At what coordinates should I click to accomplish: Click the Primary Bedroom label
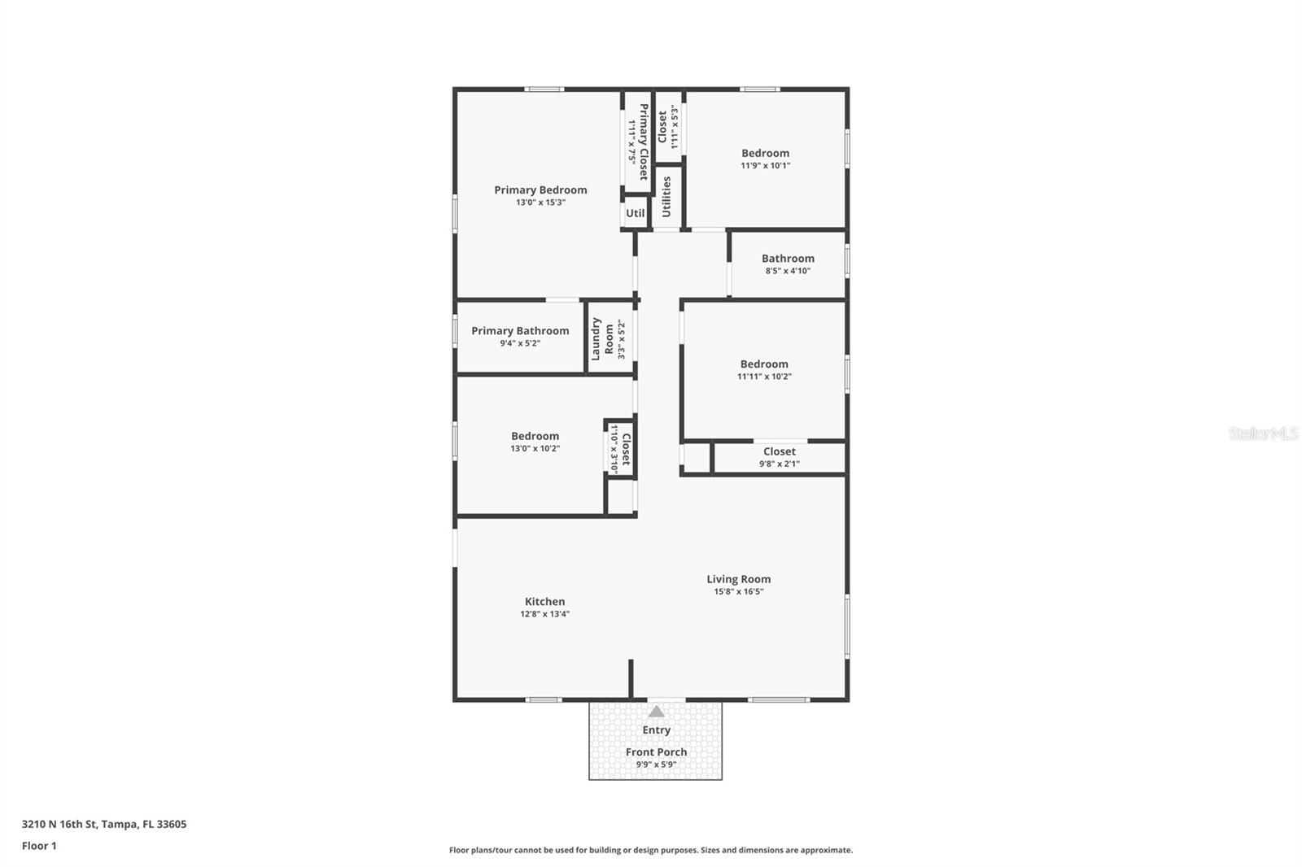(x=540, y=190)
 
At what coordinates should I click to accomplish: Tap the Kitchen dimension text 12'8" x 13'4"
(x=544, y=614)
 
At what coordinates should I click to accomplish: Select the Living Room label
(x=738, y=579)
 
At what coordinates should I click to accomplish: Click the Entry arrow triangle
(x=656, y=712)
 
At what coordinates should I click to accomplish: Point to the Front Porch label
(x=656, y=752)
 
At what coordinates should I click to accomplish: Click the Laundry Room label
(x=602, y=338)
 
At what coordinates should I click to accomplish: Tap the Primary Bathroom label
(x=520, y=331)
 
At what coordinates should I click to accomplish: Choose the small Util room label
(x=635, y=213)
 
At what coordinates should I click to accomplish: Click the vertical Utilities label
(x=666, y=197)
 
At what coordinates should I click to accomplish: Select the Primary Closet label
(x=644, y=142)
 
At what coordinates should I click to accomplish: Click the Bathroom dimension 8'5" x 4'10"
(x=788, y=271)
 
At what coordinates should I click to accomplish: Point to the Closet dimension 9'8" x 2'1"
(x=780, y=464)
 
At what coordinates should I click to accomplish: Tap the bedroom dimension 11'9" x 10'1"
(x=765, y=165)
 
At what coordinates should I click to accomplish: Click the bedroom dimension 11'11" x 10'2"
(x=764, y=377)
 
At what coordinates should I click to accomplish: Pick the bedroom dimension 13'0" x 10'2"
(x=535, y=448)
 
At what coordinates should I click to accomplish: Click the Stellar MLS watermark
(x=1263, y=433)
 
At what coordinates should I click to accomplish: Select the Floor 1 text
(x=39, y=846)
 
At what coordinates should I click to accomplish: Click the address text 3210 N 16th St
(x=59, y=824)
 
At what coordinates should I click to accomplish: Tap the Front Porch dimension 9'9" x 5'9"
(x=656, y=765)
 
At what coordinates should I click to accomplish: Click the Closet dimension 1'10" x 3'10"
(x=614, y=448)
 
